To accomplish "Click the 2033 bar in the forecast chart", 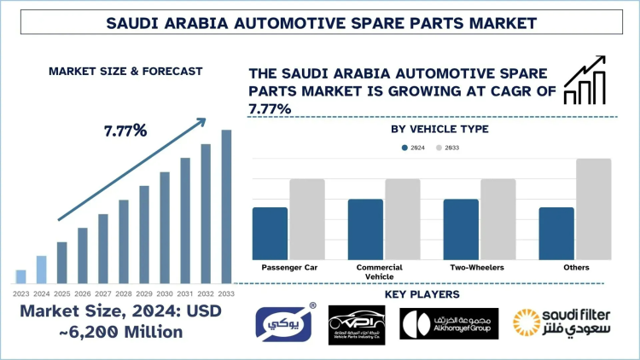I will pos(226,206).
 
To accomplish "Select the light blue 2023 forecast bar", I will pos(20,276).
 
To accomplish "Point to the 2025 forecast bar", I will pos(61,262).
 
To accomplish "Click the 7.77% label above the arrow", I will pos(125,131).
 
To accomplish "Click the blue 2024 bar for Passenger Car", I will pos(270,233).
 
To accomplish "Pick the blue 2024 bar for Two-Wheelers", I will pos(461,229).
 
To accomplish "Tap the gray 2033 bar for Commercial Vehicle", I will pos(403,219).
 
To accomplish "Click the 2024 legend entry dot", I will pos(404,148).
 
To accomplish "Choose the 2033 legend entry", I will pos(446,148).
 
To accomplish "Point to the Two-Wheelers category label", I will pos(477,268).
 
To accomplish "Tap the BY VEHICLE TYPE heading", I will pos(439,130).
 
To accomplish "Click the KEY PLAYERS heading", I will pos(422,294).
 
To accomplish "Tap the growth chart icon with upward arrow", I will pos(585,81).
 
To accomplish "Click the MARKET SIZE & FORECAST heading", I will pos(125,71).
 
